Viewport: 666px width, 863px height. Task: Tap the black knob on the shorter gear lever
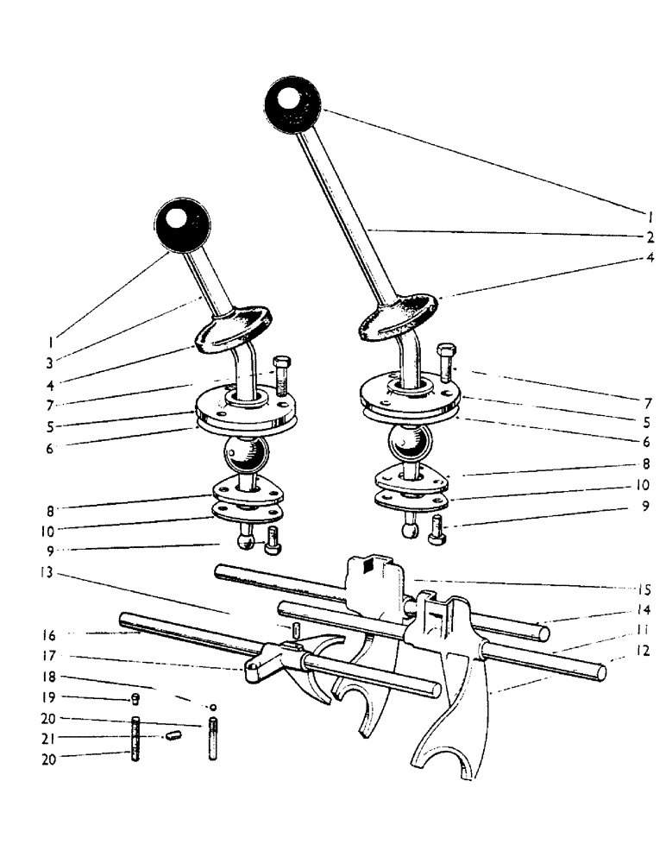(x=182, y=227)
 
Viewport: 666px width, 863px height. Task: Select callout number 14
(x=643, y=610)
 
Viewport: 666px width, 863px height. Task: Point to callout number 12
(x=643, y=653)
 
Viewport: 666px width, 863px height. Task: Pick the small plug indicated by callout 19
(x=135, y=699)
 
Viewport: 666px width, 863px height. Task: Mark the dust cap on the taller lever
(x=397, y=315)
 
